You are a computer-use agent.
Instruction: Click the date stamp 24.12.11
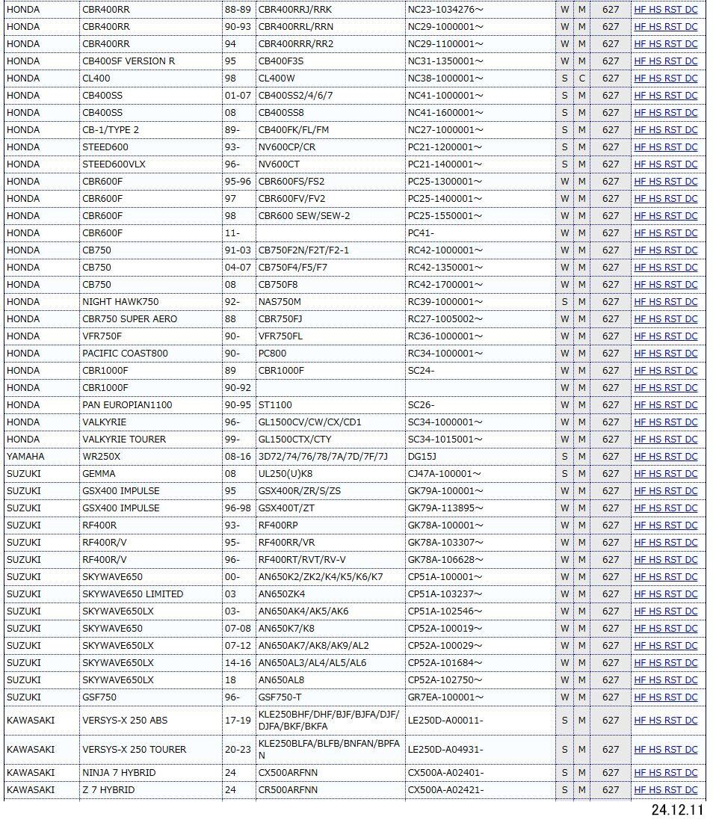pyautogui.click(x=677, y=810)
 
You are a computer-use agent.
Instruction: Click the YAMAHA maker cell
pyautogui.click(x=25, y=456)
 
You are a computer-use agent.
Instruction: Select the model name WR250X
pyautogui.click(x=101, y=456)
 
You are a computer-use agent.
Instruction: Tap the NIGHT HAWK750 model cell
pyautogui.click(x=120, y=302)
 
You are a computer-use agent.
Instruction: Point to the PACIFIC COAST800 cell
pyautogui.click(x=125, y=354)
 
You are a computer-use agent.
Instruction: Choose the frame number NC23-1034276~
pyautogui.click(x=445, y=10)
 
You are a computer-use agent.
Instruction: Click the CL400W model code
pyautogui.click(x=277, y=78)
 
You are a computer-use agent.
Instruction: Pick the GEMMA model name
pyautogui.click(x=99, y=473)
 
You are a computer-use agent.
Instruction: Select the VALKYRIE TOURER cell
pyautogui.click(x=124, y=440)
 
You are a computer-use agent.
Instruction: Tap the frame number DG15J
pyautogui.click(x=422, y=456)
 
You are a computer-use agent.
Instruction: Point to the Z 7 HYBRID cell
pyautogui.click(x=108, y=790)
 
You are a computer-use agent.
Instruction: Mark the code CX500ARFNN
pyautogui.click(x=288, y=773)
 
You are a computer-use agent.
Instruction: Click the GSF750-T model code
pyautogui.click(x=280, y=697)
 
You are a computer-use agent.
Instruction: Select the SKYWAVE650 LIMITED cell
pyautogui.click(x=132, y=594)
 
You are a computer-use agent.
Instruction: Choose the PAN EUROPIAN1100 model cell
pyautogui.click(x=127, y=405)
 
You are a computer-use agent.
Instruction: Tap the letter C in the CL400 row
pyautogui.click(x=581, y=78)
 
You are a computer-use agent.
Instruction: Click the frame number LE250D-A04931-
pyautogui.click(x=445, y=750)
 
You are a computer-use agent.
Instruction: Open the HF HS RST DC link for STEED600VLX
pyautogui.click(x=665, y=164)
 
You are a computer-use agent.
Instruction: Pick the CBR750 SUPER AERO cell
pyautogui.click(x=130, y=319)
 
